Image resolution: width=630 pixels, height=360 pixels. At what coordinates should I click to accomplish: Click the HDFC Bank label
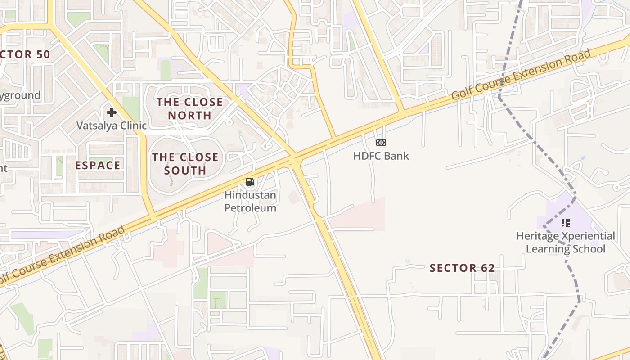click(381, 156)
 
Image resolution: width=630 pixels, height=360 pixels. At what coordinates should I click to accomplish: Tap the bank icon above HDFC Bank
click(381, 143)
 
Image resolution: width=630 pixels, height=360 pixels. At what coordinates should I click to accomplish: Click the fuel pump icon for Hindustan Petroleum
click(250, 182)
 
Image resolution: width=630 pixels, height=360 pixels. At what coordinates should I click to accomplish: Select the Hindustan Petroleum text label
click(250, 202)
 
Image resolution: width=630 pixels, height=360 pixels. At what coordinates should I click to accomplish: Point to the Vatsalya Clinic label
click(112, 126)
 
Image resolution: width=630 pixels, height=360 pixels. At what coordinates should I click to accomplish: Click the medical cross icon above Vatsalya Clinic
click(112, 112)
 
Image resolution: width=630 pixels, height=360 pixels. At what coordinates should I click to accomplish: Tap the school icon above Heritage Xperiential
click(566, 222)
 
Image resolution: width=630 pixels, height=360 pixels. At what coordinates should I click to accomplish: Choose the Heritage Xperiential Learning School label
click(566, 242)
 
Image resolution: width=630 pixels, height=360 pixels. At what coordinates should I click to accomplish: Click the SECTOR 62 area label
click(462, 268)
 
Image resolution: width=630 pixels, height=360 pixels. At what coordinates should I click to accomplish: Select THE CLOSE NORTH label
click(189, 109)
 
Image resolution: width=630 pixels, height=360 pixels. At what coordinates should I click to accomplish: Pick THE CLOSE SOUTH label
click(185, 164)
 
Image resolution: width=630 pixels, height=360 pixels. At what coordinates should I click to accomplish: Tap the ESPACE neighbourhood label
click(98, 165)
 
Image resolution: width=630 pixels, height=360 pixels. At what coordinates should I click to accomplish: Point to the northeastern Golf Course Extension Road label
click(521, 75)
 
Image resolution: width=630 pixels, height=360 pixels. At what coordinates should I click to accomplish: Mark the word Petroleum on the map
click(250, 208)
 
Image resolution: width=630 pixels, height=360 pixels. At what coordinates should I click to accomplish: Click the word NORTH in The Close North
click(189, 116)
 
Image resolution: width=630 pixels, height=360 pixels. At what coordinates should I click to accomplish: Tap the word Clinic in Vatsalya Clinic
click(130, 126)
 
